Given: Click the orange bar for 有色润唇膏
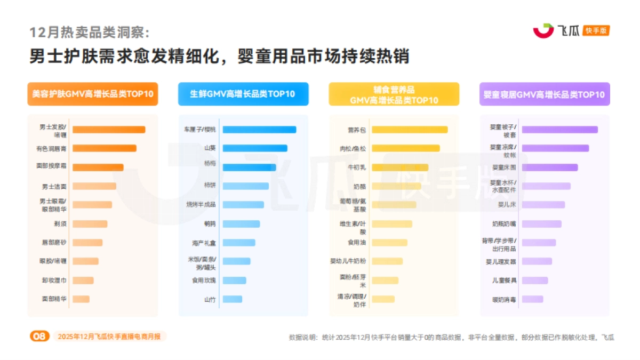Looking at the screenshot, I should [x=104, y=148].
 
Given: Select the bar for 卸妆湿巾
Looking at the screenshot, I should [x=83, y=281].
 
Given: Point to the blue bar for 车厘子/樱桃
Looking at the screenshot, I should [x=259, y=130].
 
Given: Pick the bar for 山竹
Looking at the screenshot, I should [x=232, y=299].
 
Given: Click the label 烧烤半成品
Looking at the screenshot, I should [x=201, y=205].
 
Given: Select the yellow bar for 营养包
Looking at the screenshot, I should [x=409, y=130].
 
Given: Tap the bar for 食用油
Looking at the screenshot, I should [x=389, y=243].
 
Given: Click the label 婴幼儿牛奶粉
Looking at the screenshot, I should [x=348, y=261].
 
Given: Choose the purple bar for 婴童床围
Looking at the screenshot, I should [x=549, y=167].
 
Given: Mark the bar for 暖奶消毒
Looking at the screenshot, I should [x=532, y=299].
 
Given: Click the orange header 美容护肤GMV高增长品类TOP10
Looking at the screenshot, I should [x=93, y=94].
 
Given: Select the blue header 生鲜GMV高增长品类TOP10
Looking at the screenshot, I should [x=243, y=94].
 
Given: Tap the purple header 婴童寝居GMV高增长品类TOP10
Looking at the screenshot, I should [x=544, y=94].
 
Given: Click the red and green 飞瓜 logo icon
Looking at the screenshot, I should [x=543, y=31].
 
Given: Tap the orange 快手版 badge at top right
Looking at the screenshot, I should [x=596, y=31].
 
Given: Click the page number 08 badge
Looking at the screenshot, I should [x=39, y=336].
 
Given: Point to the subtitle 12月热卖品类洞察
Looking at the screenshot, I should [x=90, y=33].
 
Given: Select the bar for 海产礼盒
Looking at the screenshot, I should [x=238, y=243].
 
